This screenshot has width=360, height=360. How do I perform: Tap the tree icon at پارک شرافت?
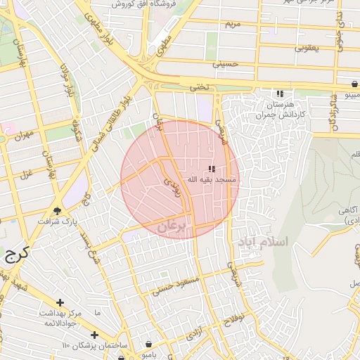57,210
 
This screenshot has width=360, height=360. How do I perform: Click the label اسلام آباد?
264,241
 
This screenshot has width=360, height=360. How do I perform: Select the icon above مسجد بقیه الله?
212,169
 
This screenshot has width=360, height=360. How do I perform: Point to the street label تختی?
200,87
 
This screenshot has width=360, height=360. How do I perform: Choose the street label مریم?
232,24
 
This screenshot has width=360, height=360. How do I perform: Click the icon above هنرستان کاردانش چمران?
280,94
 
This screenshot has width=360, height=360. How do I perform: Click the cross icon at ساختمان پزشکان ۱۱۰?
94,335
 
